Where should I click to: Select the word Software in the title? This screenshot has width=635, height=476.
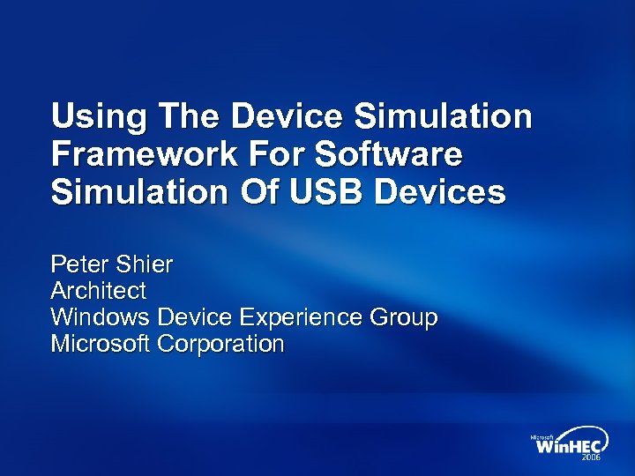pos(388,154)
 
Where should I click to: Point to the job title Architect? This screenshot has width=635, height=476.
pos(99,291)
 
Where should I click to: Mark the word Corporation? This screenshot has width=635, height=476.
pos(220,344)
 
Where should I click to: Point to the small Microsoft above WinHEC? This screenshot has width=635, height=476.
pos(542,436)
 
